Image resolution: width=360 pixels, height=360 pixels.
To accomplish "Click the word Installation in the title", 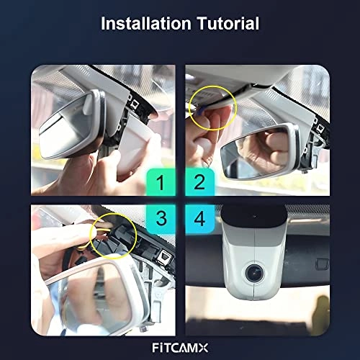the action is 146,23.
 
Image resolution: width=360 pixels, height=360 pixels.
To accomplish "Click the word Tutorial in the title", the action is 228,23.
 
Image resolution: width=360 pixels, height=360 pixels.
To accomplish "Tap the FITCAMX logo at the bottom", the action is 180,348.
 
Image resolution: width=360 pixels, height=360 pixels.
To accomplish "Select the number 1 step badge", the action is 161,182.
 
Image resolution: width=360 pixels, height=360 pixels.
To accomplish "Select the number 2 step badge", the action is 199,182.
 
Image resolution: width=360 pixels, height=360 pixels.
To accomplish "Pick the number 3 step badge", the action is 161,218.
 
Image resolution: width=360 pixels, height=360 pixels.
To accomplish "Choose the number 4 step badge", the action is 199,218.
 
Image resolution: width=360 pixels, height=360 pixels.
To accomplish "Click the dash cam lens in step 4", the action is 254,273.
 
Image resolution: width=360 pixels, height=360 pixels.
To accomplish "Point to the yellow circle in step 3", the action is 136,236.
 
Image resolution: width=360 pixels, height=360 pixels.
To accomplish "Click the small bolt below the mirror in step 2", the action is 305,171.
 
